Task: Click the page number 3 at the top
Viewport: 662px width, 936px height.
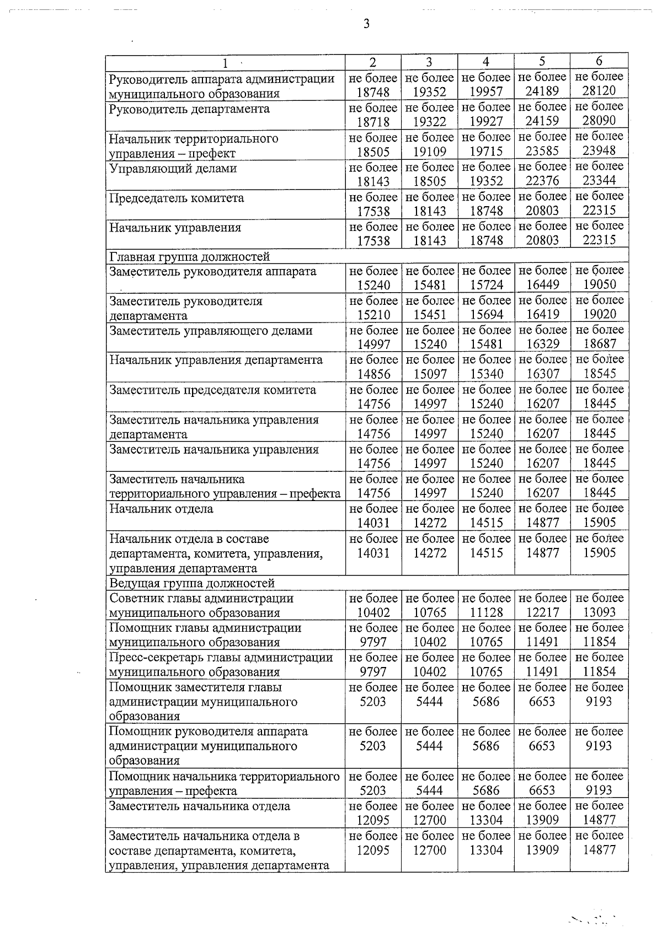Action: [366, 24]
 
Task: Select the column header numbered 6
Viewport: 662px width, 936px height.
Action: [599, 61]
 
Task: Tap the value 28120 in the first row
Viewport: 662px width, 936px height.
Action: [599, 91]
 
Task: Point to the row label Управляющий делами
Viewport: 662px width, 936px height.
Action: [173, 168]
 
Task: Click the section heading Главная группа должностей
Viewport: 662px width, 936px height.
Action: [190, 256]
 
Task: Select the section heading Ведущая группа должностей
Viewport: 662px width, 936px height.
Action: [192, 583]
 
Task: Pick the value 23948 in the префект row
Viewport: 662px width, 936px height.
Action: [599, 150]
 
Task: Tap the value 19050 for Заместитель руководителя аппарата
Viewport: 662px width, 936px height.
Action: [600, 284]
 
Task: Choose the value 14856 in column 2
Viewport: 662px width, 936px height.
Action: [373, 374]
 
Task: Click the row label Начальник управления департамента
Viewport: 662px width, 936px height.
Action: [216, 360]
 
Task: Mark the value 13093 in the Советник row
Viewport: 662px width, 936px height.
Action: [599, 612]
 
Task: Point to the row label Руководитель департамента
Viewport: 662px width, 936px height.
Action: [189, 109]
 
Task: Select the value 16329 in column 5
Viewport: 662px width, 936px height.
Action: [543, 344]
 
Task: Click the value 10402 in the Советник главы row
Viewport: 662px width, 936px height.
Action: [373, 612]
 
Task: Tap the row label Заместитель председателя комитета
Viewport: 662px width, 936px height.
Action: [213, 390]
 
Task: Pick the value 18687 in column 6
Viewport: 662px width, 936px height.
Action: [600, 344]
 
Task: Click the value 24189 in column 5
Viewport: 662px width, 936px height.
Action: [542, 91]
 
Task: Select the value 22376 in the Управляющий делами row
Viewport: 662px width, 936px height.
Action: [542, 181]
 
